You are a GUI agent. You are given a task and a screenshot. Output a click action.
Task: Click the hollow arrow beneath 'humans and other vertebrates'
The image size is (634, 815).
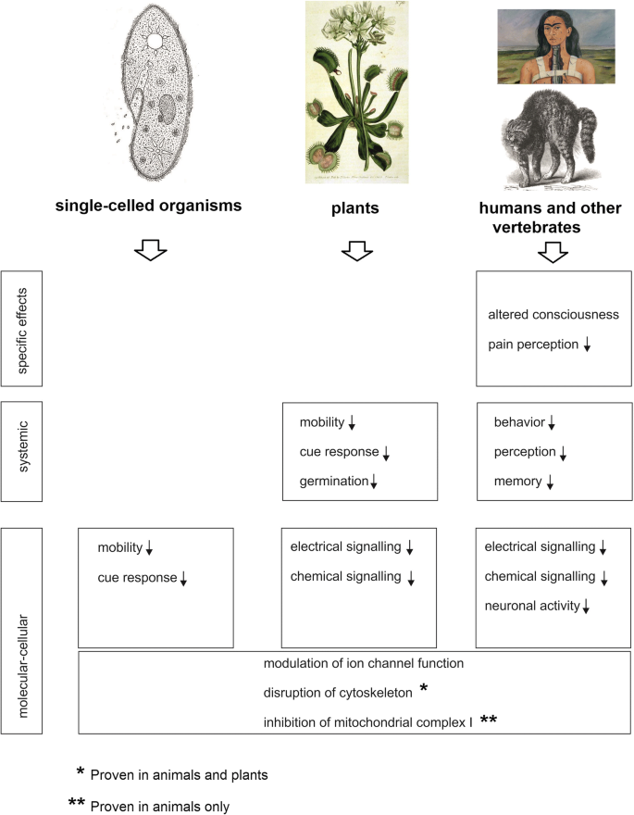point(553,252)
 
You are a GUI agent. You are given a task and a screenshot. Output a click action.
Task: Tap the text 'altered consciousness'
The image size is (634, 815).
point(553,315)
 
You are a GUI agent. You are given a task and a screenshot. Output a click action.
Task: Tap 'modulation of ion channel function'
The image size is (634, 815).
point(363,664)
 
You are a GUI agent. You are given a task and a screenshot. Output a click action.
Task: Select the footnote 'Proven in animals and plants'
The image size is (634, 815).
point(186,772)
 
